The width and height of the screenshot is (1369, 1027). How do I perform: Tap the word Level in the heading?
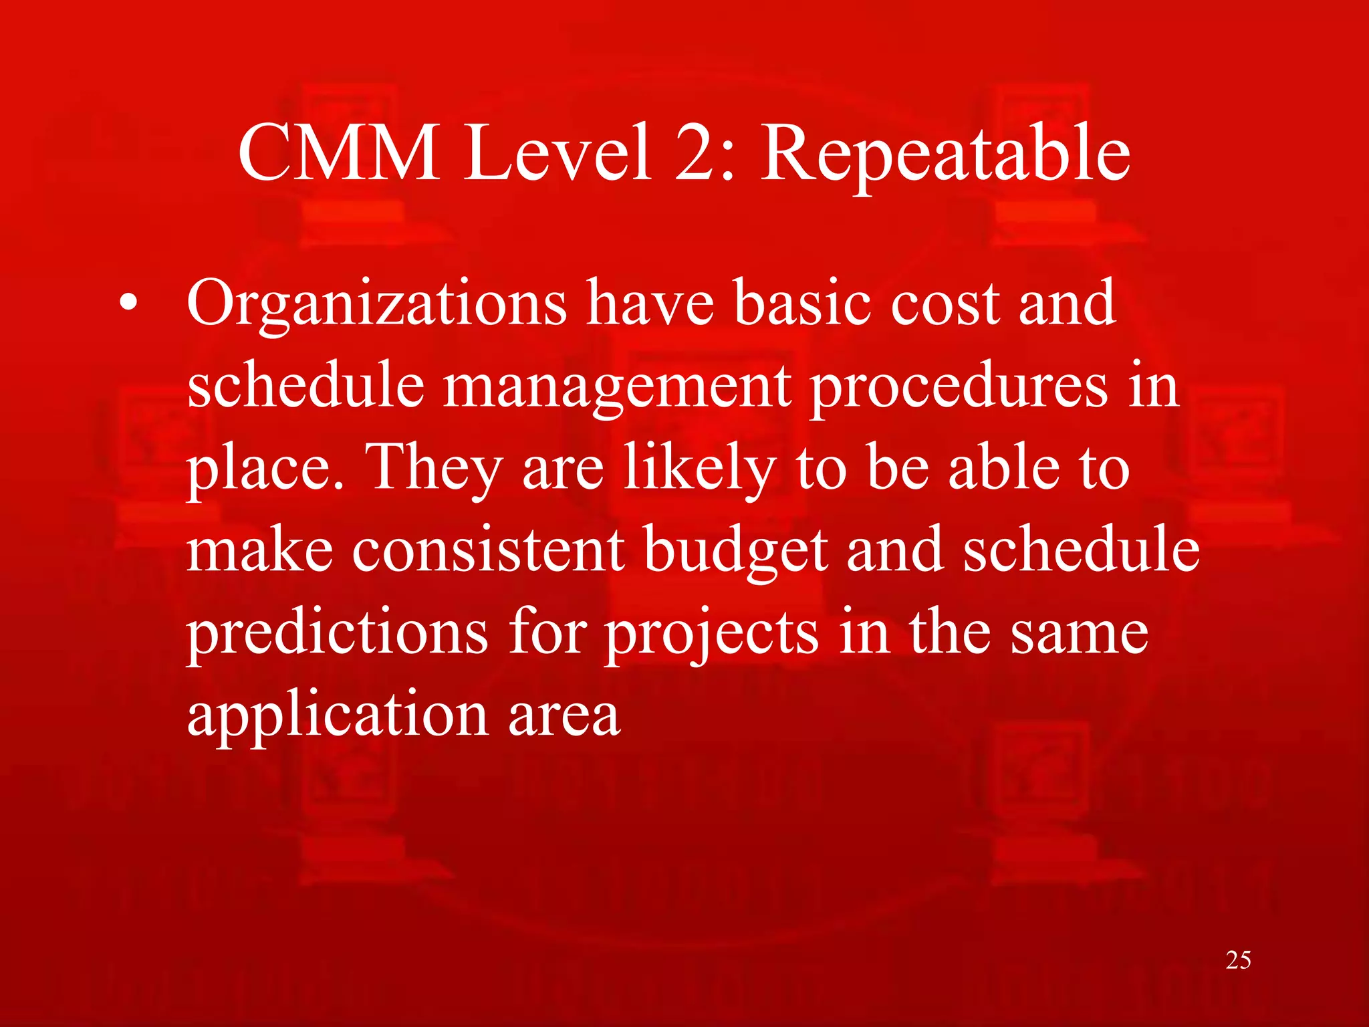557,154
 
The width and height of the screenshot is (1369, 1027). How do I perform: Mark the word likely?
699,468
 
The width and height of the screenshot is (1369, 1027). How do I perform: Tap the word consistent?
489,550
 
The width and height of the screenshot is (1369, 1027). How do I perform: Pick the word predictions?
338,633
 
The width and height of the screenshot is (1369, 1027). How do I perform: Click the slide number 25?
1238,960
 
